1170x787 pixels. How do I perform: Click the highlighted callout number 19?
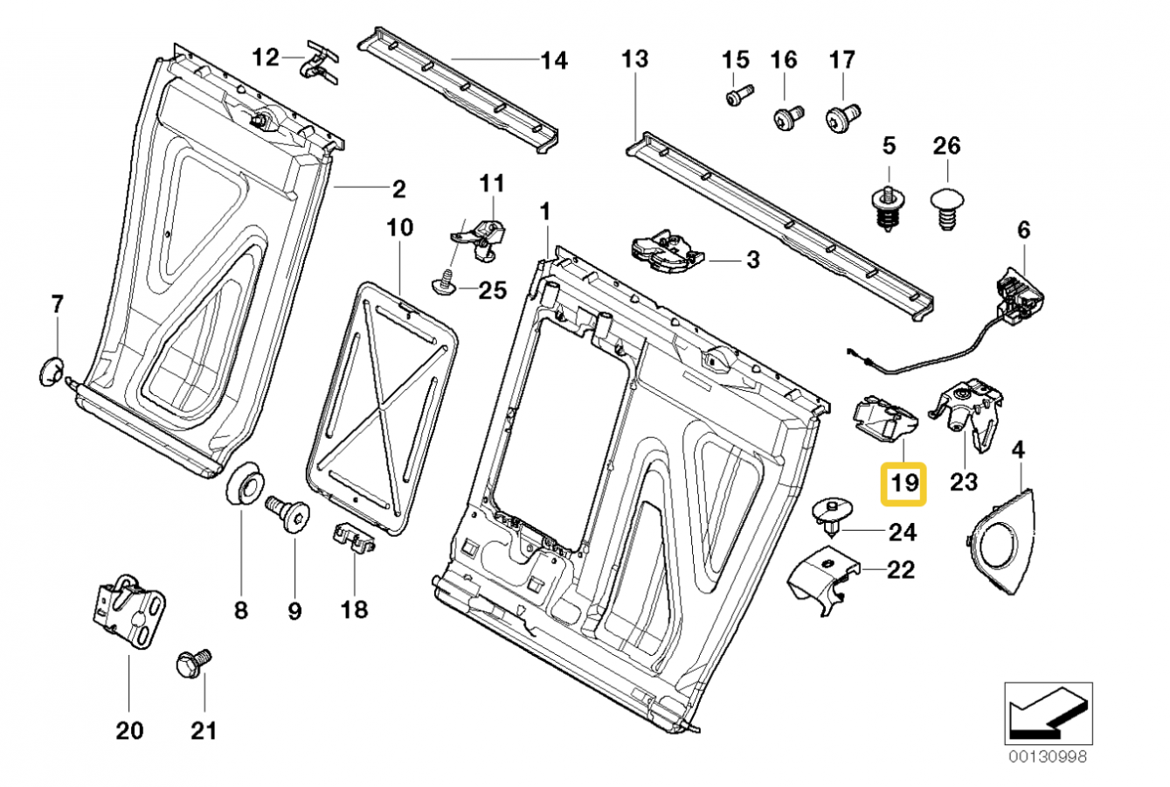coord(903,482)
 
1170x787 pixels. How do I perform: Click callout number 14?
coord(554,60)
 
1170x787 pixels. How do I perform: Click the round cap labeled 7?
coord(50,371)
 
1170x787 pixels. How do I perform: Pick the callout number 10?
coord(399,229)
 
